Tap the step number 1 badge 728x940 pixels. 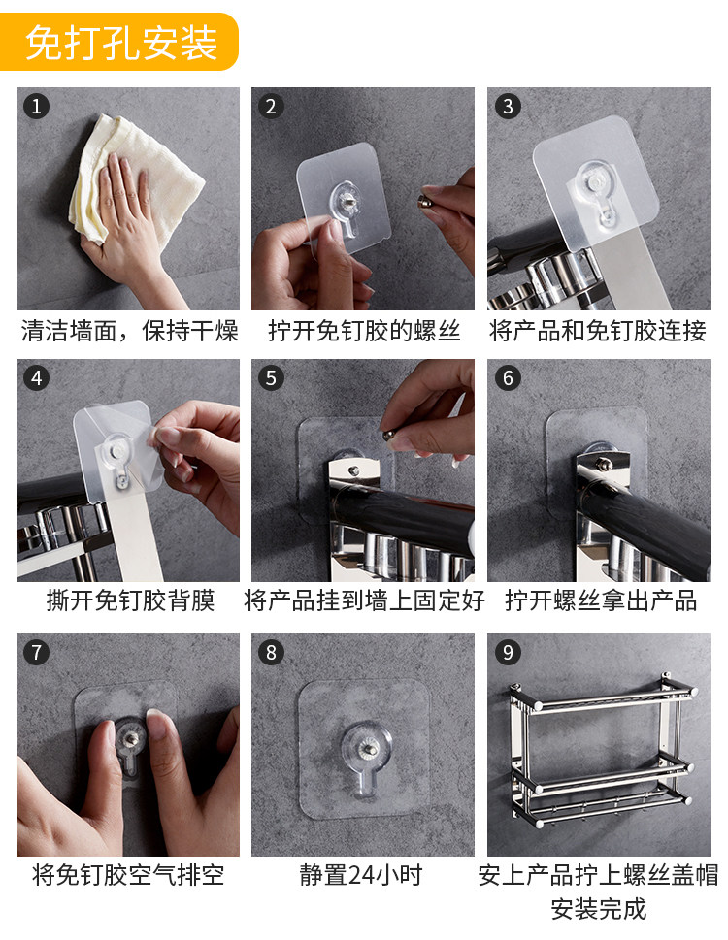(36, 107)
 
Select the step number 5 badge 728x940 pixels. (271, 378)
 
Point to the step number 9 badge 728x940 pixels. (508, 652)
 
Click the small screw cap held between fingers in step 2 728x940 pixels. (427, 200)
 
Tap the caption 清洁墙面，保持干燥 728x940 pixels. (129, 331)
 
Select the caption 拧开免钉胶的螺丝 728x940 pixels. (364, 331)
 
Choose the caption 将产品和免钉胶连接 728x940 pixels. (598, 331)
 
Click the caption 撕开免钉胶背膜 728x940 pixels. (130, 600)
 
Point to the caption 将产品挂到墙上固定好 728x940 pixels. (364, 600)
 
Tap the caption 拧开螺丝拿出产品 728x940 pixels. (601, 600)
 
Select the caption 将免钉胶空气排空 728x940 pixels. (128, 875)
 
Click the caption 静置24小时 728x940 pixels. (361, 875)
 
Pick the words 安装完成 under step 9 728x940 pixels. (599, 909)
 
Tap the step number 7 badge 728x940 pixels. (36, 652)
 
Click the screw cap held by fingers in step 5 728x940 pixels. (391, 434)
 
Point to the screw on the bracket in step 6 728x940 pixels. (602, 463)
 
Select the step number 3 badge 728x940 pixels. (508, 107)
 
